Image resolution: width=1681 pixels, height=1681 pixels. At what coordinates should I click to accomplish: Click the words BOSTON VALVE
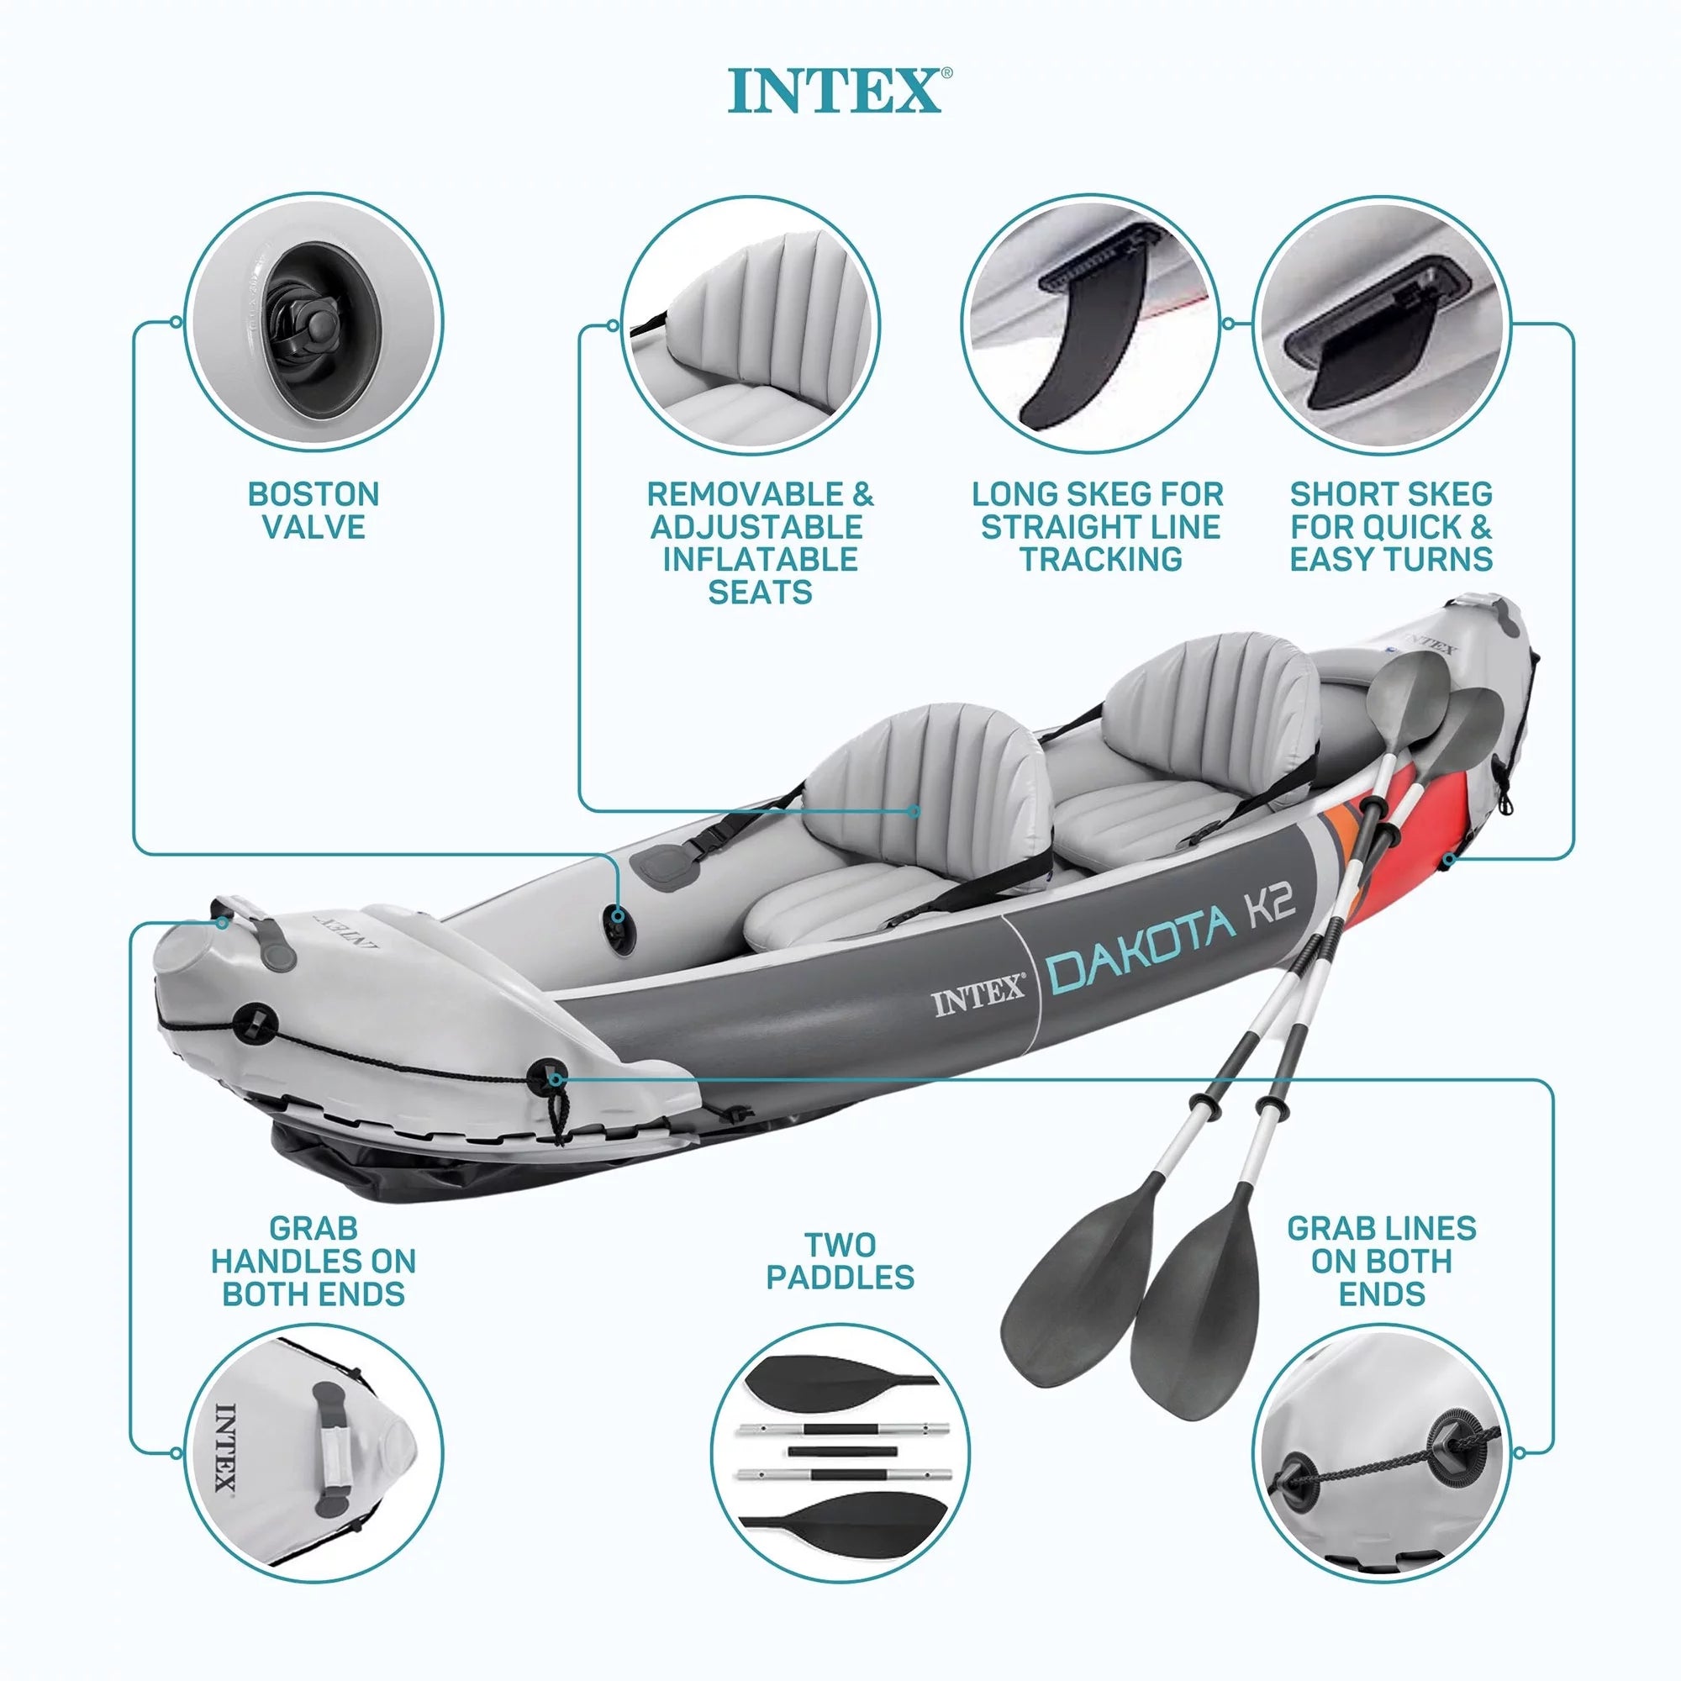[314, 511]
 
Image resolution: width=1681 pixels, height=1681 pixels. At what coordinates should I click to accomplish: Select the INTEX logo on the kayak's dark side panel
[980, 999]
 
